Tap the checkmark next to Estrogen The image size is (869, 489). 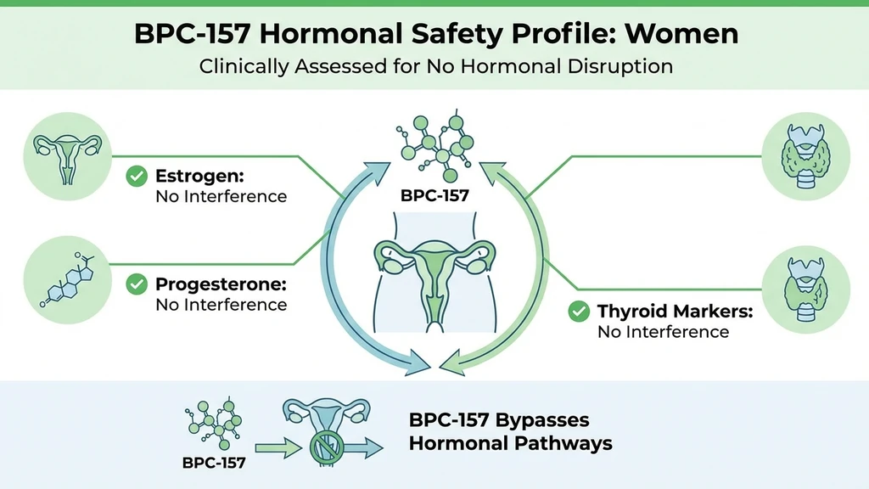[135, 177]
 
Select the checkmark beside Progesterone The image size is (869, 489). [135, 284]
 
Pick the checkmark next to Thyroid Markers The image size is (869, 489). [578, 312]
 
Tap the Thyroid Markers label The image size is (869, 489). [675, 312]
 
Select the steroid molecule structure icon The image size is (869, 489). [67, 276]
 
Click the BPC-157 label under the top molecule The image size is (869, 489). [434, 195]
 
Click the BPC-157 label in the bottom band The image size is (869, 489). [213, 463]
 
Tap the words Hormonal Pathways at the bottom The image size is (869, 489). [510, 443]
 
